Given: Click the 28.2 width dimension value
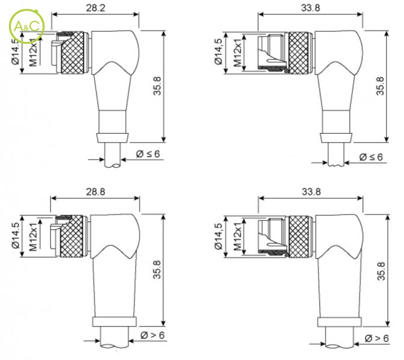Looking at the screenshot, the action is pos(95,8).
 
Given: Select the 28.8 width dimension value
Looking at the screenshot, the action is pos(95,192).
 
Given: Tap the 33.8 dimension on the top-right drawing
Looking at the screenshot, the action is pos(311,8).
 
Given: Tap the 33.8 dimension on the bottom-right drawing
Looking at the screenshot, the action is pos(311,192).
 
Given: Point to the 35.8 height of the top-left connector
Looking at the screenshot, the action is pos(157,86).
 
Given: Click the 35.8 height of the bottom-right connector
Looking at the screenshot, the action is pos(381,271).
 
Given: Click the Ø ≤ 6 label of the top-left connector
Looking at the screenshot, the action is pos(148,154).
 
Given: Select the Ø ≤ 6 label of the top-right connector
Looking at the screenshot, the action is pos(371,157).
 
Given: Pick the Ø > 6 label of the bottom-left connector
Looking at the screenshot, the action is pos(152,335).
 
